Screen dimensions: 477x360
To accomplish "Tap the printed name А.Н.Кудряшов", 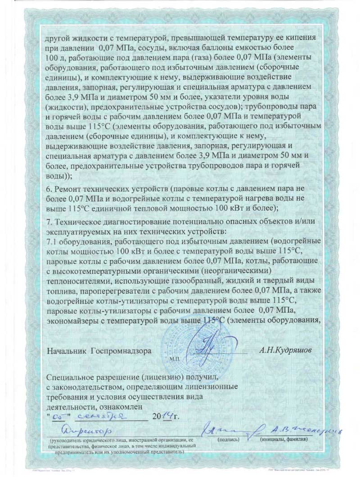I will pyautogui.click(x=284, y=349).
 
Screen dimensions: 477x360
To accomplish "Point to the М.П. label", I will pyautogui.click(x=175, y=360).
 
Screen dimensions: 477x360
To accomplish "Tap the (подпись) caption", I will pyautogui.click(x=228, y=439).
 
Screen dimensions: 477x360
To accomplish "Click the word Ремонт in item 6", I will pyautogui.click(x=68, y=189).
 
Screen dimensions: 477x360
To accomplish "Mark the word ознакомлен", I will pyautogui.click(x=117, y=406).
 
